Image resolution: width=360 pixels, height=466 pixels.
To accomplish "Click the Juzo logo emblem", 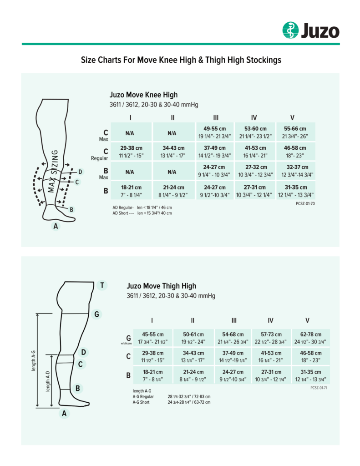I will tap(290, 30).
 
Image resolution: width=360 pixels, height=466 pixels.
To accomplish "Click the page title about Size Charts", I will tap(181, 60).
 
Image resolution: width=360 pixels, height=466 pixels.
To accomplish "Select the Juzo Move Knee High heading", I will tap(143, 95).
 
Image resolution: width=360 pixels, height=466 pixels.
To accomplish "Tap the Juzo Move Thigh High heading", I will tap(161, 286).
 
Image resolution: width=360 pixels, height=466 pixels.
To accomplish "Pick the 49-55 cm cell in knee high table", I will tap(215, 132).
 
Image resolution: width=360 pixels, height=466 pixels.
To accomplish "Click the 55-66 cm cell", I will tap(295, 132).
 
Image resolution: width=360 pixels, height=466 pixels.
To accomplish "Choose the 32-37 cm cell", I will tap(295, 171).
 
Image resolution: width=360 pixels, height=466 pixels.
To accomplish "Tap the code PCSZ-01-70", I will tap(305, 203).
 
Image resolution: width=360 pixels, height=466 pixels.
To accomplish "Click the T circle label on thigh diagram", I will tap(102, 286).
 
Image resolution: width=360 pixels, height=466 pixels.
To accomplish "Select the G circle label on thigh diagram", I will tap(96, 314).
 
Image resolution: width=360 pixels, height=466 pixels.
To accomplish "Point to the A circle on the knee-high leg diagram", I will tap(56, 226).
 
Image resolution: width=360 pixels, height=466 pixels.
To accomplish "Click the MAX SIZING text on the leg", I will tap(54, 171).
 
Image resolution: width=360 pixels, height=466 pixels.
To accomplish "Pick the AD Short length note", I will tap(142, 213).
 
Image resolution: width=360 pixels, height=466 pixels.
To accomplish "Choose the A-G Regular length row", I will tap(171, 396).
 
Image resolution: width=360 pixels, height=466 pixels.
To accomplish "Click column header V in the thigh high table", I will tap(307, 320).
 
